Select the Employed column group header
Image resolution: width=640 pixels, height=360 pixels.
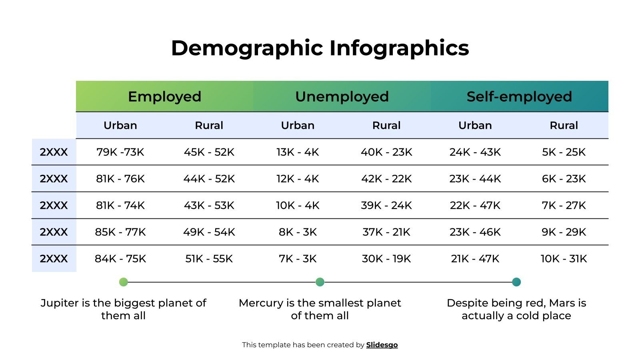(x=164, y=96)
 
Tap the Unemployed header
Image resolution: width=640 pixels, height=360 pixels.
(x=342, y=96)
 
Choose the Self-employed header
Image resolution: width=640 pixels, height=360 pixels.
(x=519, y=96)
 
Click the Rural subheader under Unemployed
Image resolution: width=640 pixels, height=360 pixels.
(x=386, y=125)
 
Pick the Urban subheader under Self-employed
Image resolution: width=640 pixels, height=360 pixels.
(x=475, y=125)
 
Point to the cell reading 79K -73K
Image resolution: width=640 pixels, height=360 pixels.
(x=120, y=152)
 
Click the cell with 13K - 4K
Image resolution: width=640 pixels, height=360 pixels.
(x=298, y=152)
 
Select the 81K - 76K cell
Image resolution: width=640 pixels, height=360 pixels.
(x=120, y=179)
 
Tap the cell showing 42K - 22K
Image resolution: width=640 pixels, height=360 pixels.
(x=386, y=179)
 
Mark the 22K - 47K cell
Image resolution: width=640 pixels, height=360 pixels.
(x=475, y=205)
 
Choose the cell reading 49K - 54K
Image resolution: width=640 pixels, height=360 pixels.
(x=209, y=232)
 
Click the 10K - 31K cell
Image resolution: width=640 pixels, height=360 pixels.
(x=564, y=259)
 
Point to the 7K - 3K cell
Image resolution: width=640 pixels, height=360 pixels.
(x=298, y=259)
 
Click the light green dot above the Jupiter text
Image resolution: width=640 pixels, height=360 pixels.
(x=124, y=282)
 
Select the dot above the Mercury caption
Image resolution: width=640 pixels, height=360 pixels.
(x=320, y=282)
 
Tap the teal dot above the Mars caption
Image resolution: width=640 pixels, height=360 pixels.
(x=516, y=282)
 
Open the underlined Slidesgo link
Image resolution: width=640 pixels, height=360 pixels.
(x=382, y=345)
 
